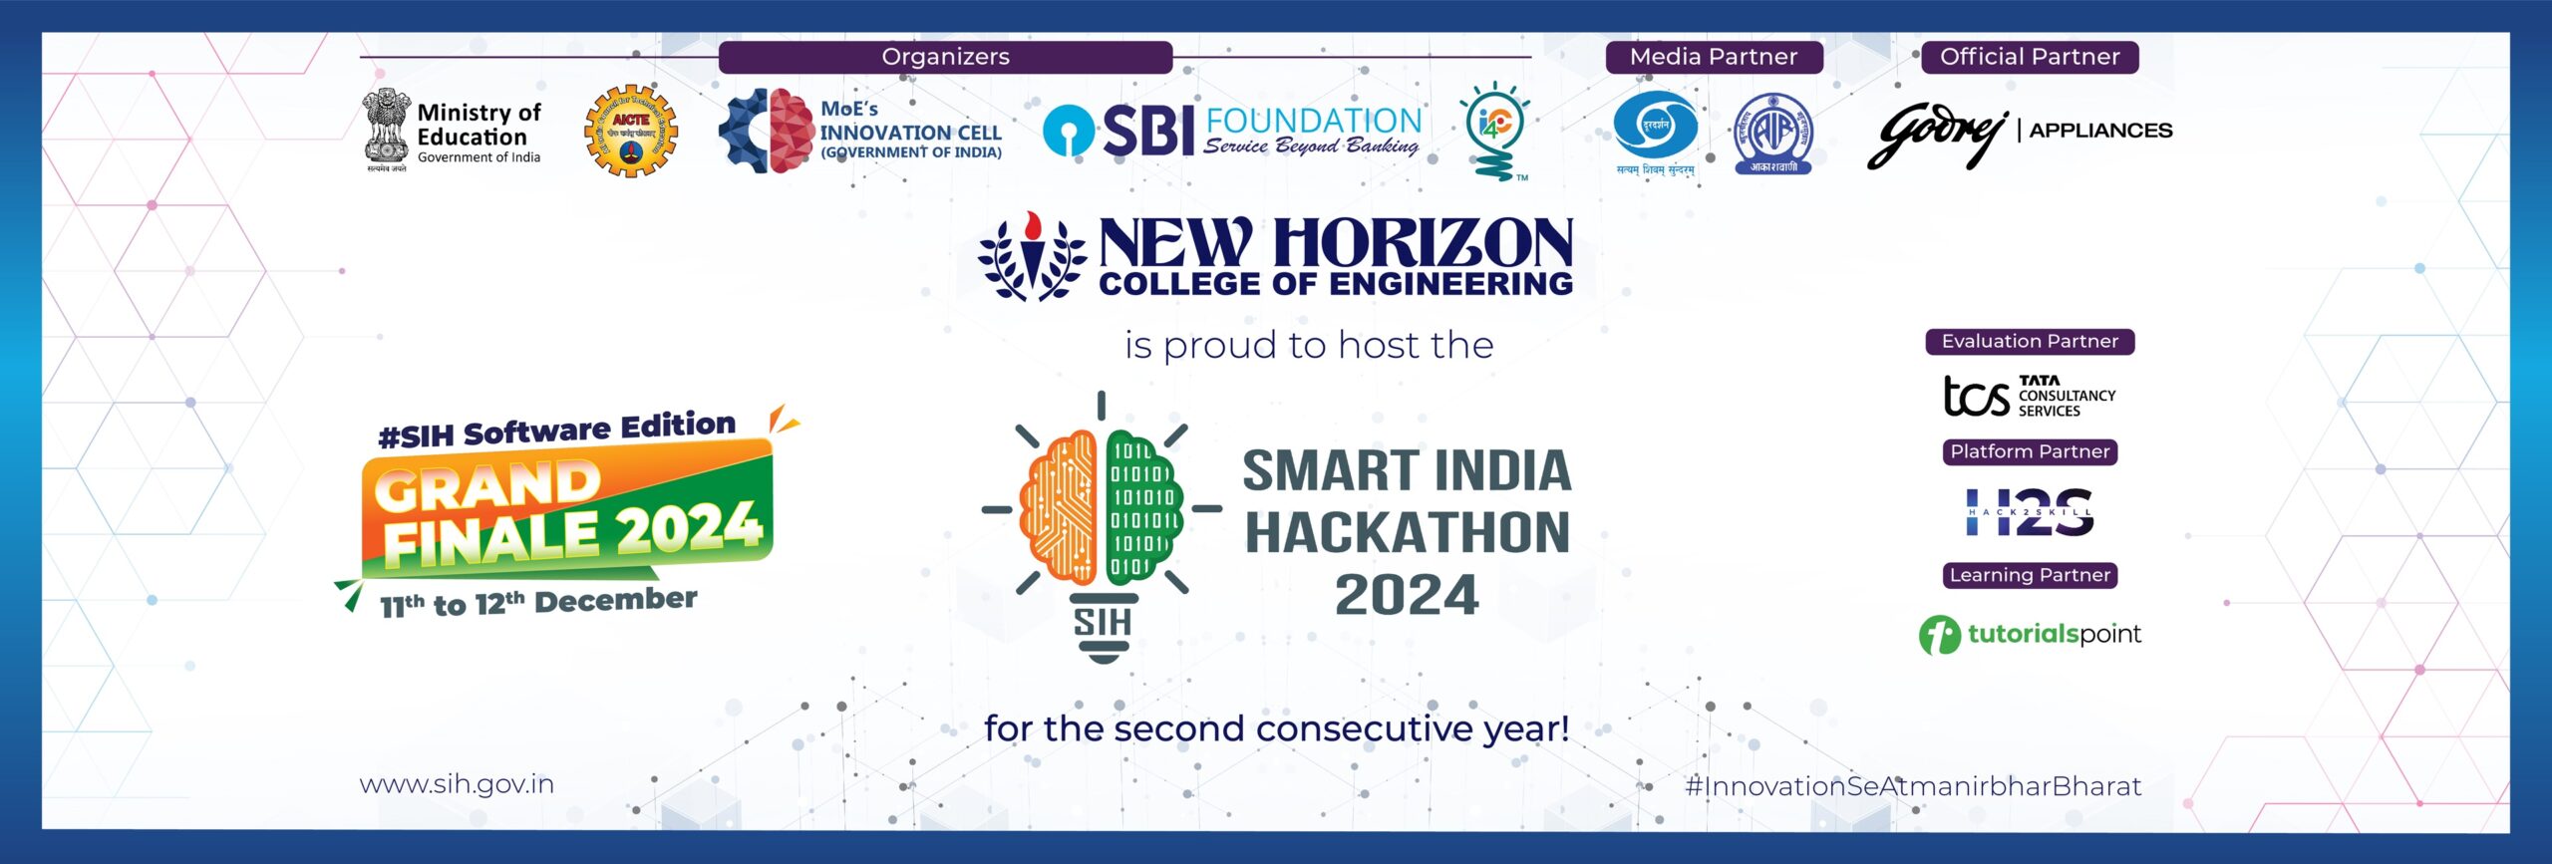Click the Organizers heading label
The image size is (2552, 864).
945,57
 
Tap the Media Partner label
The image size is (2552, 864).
1713,57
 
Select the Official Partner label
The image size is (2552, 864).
2030,57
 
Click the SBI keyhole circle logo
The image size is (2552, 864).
1068,131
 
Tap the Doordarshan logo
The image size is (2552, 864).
1655,128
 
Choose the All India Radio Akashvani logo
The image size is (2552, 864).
1773,133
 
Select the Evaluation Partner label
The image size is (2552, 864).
2030,342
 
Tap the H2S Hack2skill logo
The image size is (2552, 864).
2030,512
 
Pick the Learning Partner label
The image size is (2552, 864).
2030,575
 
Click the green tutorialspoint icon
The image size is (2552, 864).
1939,635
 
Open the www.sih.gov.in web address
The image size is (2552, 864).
457,784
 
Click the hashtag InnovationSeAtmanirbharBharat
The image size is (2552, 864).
1913,786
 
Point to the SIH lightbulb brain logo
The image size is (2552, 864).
1102,523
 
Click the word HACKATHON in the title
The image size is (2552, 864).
1407,532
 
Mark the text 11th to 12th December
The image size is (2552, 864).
538,602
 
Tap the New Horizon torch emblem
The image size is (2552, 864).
1032,257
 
